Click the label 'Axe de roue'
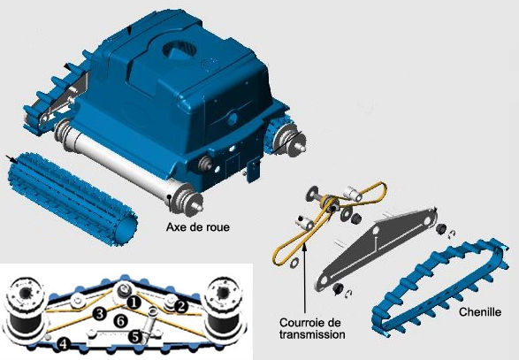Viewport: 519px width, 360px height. click(197, 226)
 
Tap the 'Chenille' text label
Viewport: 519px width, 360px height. click(479, 311)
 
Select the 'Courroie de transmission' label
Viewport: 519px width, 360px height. click(312, 328)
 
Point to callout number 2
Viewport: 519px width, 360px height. click(180, 306)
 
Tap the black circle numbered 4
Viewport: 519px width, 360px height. click(64, 344)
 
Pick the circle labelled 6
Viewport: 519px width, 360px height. click(120, 320)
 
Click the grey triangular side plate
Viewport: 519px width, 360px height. click(375, 249)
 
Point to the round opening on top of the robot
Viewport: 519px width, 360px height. click(179, 50)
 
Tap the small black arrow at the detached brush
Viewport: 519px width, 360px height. click(11, 159)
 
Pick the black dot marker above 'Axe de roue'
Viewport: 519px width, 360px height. click(170, 196)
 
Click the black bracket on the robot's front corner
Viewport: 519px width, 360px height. click(253, 170)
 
